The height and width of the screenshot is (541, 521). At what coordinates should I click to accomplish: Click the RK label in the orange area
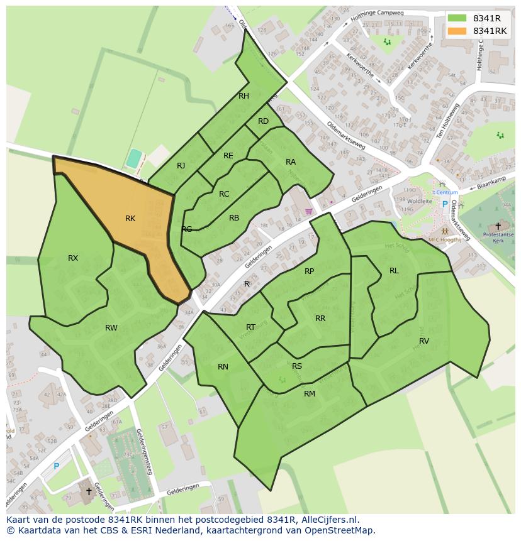(x=130, y=219)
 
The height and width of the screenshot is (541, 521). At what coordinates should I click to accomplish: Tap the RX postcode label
(x=73, y=258)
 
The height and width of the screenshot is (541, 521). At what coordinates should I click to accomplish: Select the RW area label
(x=111, y=327)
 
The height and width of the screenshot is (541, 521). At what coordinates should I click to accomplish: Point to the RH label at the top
(x=244, y=96)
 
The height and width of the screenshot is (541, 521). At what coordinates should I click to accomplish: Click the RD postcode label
(x=263, y=121)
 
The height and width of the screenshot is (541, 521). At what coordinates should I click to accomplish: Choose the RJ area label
(x=181, y=166)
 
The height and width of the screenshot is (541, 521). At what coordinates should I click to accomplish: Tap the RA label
(x=291, y=161)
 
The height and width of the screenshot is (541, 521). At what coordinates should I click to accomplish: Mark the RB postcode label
(x=234, y=218)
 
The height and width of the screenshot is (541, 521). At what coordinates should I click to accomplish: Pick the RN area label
(x=223, y=367)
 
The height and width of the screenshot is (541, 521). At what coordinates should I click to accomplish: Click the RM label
(x=310, y=394)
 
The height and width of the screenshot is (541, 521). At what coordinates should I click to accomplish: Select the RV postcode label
(x=424, y=341)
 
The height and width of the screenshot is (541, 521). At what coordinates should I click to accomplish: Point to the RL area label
(x=394, y=271)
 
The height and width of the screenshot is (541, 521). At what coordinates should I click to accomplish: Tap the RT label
(x=250, y=327)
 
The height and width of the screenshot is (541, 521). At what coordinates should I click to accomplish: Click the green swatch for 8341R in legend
(x=457, y=18)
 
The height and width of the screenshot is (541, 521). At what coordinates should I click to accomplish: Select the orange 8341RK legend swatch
(x=457, y=31)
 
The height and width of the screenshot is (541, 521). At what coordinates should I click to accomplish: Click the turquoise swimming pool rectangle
(x=133, y=158)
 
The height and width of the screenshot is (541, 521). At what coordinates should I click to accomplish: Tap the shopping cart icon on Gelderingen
(x=309, y=212)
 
